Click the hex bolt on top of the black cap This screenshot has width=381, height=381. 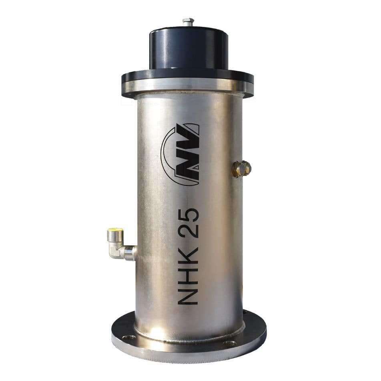coord(188,22)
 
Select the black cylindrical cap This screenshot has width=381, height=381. coord(188,48)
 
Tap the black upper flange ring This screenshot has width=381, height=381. coord(188,77)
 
